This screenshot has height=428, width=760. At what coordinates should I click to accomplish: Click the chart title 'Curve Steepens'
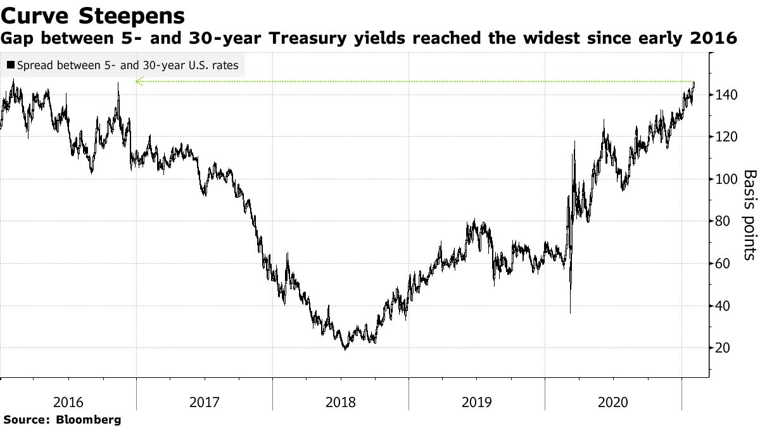point(93,15)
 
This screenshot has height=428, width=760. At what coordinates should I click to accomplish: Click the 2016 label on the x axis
point(68,402)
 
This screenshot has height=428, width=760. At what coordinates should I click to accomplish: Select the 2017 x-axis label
point(204,402)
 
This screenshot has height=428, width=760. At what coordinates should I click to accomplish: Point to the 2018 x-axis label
point(340,402)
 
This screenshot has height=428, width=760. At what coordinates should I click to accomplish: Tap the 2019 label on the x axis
point(476,402)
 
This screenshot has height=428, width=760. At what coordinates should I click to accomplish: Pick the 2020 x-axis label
point(612,402)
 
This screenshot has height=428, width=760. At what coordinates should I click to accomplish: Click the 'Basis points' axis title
point(749,214)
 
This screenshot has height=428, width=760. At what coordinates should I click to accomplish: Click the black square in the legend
point(11,65)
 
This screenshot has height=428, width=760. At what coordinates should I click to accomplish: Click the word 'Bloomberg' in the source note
point(89,420)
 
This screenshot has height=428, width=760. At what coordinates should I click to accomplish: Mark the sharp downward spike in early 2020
point(570,312)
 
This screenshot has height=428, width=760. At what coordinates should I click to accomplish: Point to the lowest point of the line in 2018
point(345,349)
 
